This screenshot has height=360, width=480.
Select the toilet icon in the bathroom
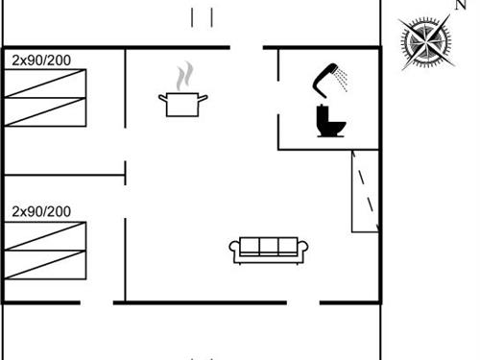[330, 121]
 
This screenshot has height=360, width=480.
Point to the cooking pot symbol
[182, 104]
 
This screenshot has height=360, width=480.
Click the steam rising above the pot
[184, 75]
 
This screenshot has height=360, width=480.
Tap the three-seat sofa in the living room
[269, 249]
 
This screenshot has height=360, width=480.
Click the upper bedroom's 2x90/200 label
[41, 60]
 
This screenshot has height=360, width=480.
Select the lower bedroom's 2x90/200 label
[41, 211]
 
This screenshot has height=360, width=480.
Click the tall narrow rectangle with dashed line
[365, 191]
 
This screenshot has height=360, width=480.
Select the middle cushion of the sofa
[269, 247]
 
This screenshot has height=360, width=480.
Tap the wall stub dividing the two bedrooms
[65, 176]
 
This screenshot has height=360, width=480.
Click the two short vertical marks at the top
[202, 17]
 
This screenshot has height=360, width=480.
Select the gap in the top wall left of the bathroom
[246, 47]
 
